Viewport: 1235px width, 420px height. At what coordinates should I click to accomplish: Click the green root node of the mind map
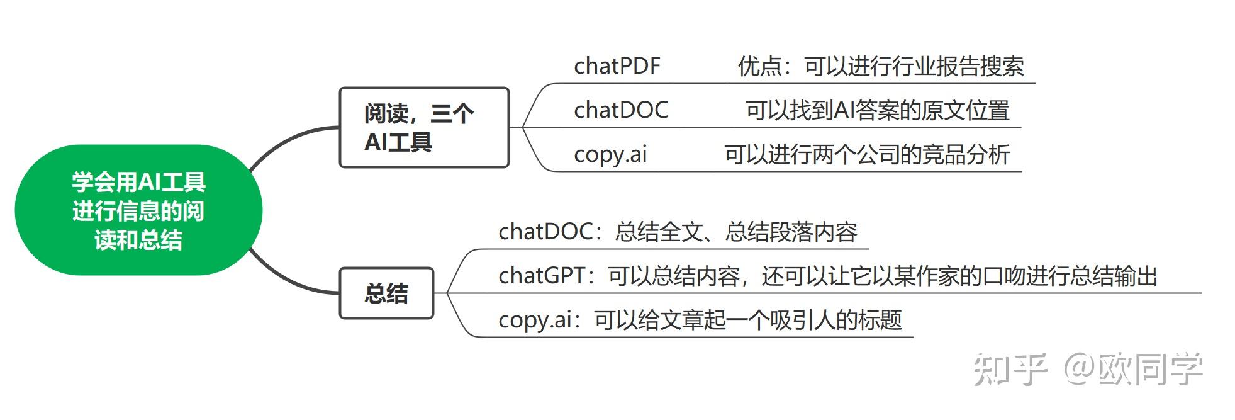[x=138, y=210]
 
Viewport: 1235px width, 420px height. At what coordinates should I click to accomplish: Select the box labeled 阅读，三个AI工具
[x=423, y=128]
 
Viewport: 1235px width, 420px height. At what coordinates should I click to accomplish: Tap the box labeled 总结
[x=386, y=293]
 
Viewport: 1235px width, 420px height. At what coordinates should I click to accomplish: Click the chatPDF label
[x=617, y=66]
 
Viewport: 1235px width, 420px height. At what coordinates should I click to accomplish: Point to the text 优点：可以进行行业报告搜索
[x=881, y=66]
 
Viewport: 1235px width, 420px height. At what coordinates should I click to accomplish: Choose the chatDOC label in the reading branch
[x=621, y=110]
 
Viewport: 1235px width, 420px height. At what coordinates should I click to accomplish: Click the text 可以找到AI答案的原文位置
[x=877, y=110]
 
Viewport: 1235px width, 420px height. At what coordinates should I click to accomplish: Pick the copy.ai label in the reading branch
[x=610, y=154]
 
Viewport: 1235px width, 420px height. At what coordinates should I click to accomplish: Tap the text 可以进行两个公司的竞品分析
[x=867, y=154]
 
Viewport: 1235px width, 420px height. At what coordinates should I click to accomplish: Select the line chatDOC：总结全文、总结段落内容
[x=678, y=232]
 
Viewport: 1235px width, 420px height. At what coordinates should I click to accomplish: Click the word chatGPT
[x=542, y=276]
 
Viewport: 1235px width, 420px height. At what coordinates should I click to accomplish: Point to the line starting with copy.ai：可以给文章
[x=700, y=320]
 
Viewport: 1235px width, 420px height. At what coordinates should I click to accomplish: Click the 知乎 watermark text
[x=1009, y=369]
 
